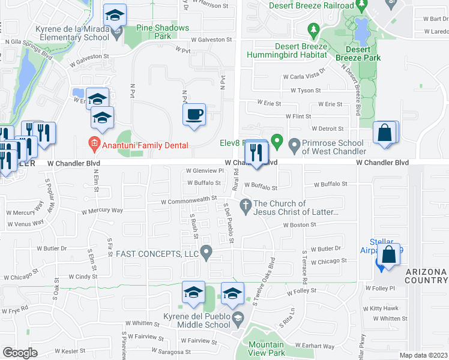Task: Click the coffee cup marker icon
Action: coord(194,114)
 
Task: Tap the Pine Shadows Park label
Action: coord(163,32)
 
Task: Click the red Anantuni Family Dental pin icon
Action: coord(94,145)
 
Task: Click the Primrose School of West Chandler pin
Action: coord(294,143)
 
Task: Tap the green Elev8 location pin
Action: coord(277,142)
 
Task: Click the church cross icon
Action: coord(245,207)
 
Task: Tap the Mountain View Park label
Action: coord(267,349)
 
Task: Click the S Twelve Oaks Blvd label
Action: coord(264,282)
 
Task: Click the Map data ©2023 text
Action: coord(424,355)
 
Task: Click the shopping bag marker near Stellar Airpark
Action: coord(389,254)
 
